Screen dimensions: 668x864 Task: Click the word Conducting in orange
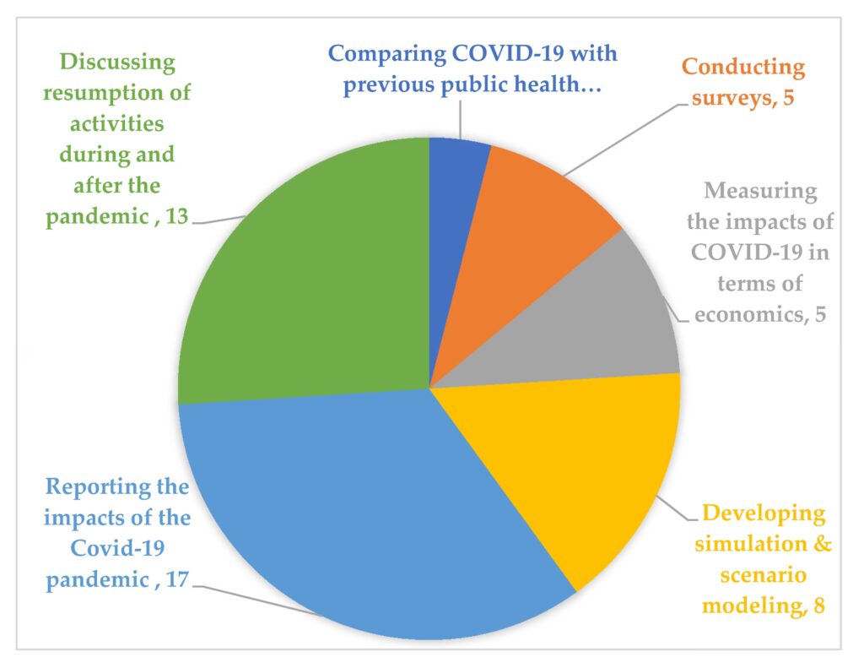coord(743,67)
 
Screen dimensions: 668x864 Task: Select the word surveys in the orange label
coord(727,97)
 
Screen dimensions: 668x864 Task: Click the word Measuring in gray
coord(761,192)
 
